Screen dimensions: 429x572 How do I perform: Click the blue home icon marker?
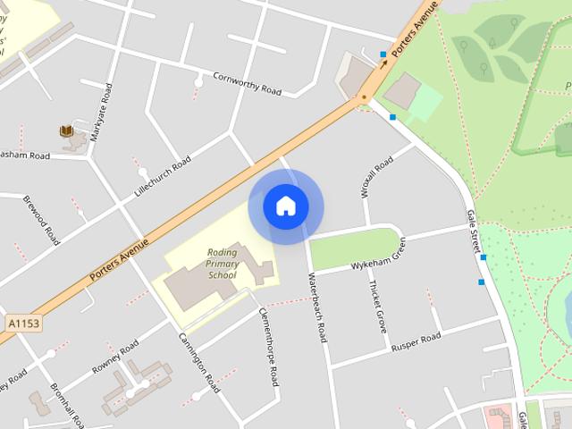click(x=286, y=206)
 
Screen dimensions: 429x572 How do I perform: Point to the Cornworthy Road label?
click(x=248, y=85)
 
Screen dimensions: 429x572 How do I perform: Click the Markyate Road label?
click(x=100, y=113)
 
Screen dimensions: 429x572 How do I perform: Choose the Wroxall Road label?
click(x=376, y=177)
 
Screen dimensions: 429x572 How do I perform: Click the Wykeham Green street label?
click(x=379, y=256)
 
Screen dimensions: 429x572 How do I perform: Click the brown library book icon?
click(x=66, y=131)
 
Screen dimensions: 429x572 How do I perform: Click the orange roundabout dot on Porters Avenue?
click(x=363, y=96)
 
